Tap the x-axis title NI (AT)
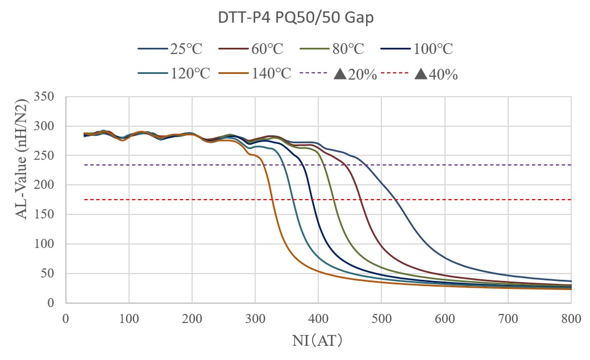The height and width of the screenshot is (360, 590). click(318, 341)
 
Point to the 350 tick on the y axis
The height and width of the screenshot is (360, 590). click(44, 97)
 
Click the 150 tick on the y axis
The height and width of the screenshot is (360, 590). click(44, 214)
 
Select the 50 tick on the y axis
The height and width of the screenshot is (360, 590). click(48, 274)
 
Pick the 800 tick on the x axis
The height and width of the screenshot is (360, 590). click(570, 319)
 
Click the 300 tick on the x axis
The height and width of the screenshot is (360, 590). click(255, 319)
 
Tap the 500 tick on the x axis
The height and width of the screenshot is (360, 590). click(381, 319)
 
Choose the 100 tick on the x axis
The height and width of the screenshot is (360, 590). click(128, 319)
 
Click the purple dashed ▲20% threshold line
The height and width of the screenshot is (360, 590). click(455, 165)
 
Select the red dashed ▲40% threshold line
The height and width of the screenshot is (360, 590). click(455, 200)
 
